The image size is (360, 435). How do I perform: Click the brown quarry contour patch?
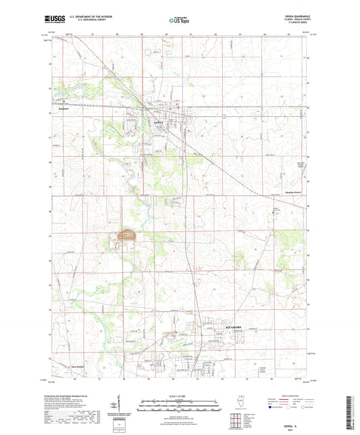(126, 236)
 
